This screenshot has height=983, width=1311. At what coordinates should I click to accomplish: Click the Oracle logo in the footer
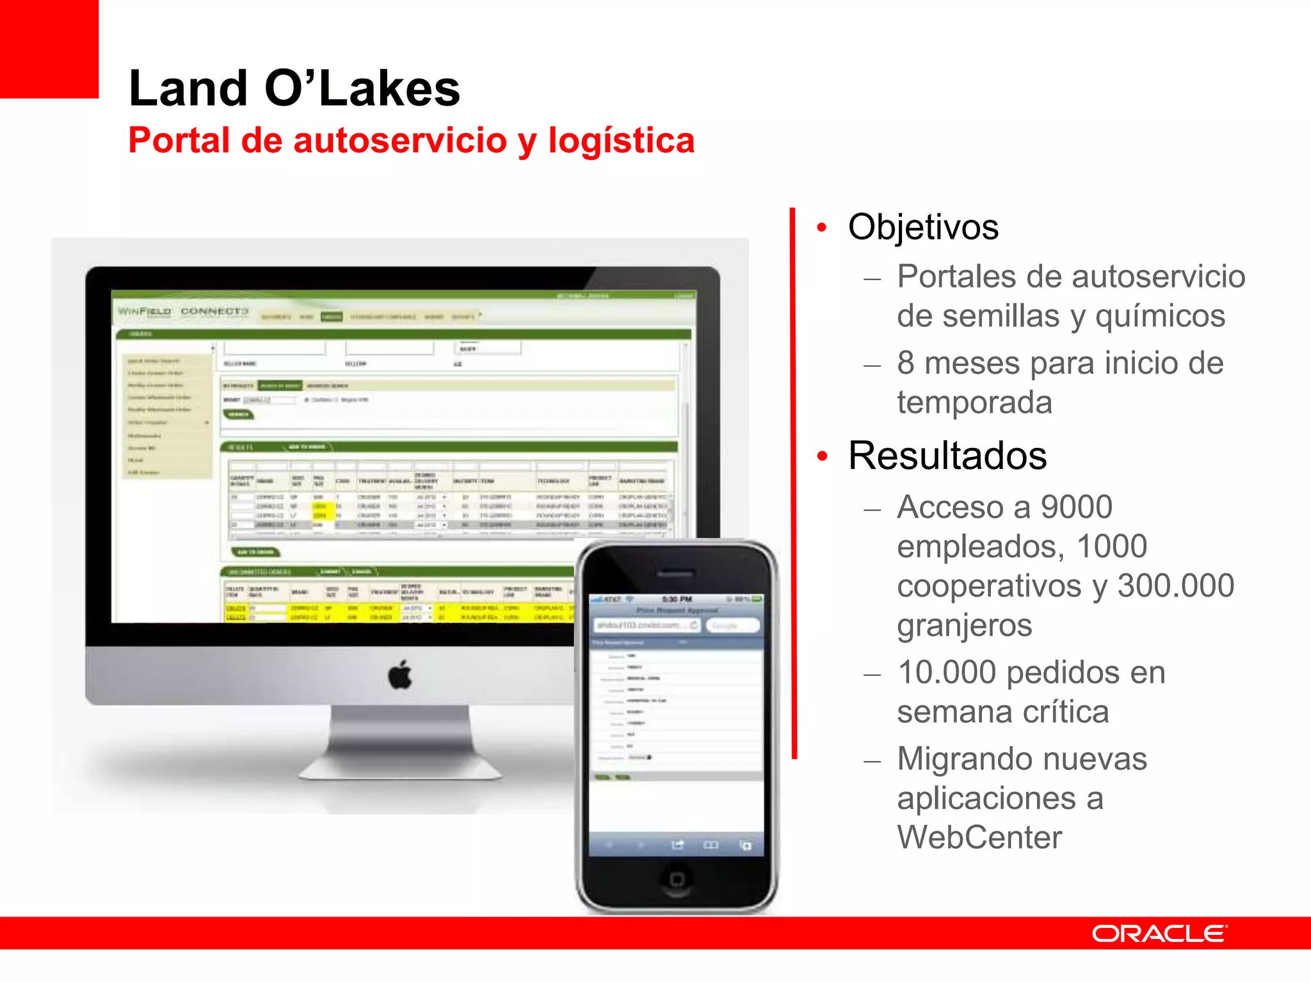pos(1159,934)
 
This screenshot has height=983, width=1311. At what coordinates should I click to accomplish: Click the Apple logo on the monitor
pos(401,675)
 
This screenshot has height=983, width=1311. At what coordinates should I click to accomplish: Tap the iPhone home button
pos(677,879)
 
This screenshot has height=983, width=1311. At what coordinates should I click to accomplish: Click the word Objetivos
pos(923,227)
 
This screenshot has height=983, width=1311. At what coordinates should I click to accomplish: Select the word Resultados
pos(947,456)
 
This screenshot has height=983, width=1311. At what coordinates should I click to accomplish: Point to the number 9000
pos(1076,507)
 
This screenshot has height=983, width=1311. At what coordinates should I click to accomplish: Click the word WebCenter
pos(979,838)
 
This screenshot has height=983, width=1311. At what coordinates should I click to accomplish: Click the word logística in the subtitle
pos(621,141)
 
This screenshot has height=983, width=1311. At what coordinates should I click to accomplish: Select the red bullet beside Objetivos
pos(822,227)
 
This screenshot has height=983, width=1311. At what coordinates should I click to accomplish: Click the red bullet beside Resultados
pos(822,456)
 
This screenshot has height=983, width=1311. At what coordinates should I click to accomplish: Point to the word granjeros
pos(964,625)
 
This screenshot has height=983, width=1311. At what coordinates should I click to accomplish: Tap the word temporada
pos(974,403)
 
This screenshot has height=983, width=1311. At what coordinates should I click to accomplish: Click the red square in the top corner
pos(49,49)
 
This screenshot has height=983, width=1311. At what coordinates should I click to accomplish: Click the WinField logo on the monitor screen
pos(145,312)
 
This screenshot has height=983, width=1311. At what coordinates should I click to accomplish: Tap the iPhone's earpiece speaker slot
pos(676,571)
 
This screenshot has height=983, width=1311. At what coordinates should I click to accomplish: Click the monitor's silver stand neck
pos(401,736)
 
